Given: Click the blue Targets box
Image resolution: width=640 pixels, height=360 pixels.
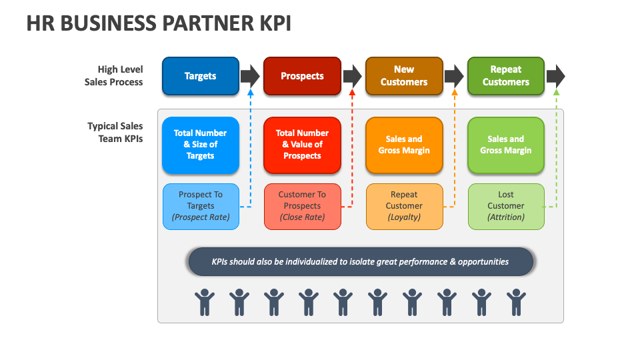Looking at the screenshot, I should coord(200,76).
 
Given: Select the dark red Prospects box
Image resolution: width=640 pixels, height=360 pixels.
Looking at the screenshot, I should coord(302,76).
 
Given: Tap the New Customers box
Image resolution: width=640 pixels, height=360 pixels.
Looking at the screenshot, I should coord(404,76).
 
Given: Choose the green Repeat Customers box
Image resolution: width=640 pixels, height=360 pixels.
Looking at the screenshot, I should coord(506,76).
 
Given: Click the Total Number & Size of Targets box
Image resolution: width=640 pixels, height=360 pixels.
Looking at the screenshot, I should coord(200,145).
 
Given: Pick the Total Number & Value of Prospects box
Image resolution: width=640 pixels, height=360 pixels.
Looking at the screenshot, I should coord(302,145).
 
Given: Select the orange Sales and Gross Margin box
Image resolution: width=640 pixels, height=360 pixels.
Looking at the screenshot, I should coord(404,145).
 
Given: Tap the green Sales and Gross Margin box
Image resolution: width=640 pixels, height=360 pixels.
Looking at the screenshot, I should coord(506,145).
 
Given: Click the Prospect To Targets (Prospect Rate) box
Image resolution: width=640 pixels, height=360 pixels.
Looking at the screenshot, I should coord(201,206).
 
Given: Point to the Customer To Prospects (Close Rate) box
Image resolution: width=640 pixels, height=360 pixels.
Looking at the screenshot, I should coord(302,206).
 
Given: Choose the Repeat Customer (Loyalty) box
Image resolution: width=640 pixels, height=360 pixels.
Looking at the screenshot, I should coord(404,206).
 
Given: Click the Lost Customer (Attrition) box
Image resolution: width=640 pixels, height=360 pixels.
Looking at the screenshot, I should coord(506,206).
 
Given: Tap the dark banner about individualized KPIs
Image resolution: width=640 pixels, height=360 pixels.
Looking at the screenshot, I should coord(361,262).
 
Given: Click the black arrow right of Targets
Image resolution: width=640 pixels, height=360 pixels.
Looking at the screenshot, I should coord(250,76).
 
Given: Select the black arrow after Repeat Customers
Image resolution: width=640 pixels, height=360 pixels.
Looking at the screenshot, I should coord(555,76).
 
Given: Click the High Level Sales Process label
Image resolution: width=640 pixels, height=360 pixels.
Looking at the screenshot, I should coord(114,76).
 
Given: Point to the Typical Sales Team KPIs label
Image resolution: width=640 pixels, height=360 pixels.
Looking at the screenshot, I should coord(115,133).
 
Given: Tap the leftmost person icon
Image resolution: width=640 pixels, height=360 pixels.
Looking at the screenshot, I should coord(205,302).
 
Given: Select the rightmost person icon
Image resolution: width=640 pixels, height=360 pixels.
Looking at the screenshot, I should coord(516,302).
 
